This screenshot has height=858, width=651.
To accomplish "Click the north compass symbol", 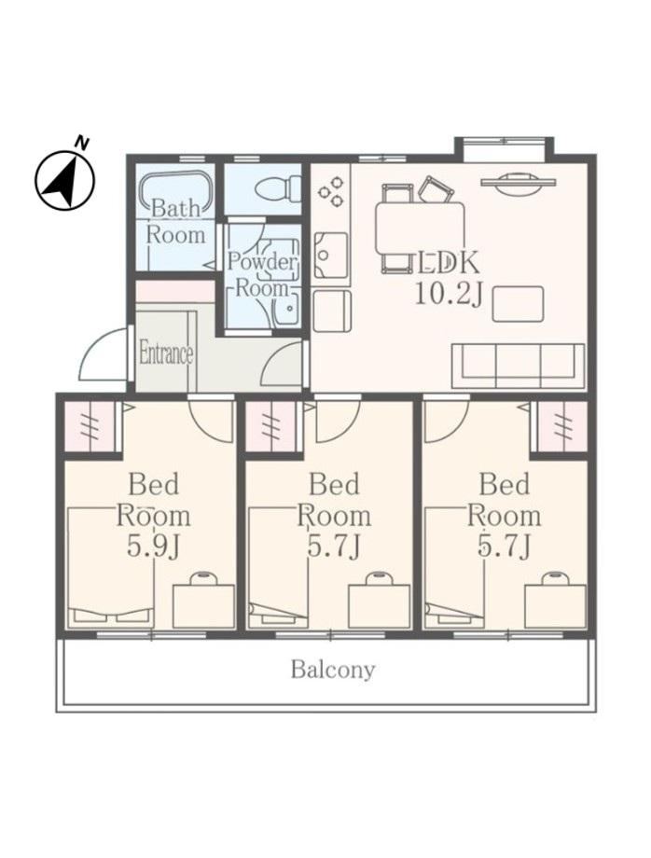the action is click(x=65, y=178).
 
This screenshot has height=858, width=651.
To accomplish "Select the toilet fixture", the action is click(x=278, y=189).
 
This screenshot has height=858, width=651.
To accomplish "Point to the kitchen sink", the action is click(x=331, y=255).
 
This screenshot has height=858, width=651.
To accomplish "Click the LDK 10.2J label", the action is click(x=449, y=279).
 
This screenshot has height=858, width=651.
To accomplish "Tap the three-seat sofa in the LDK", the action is click(x=518, y=366).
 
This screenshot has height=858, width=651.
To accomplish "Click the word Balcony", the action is click(x=333, y=670).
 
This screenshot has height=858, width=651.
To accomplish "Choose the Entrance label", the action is click(x=166, y=353).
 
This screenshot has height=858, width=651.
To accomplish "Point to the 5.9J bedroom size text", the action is click(x=153, y=547).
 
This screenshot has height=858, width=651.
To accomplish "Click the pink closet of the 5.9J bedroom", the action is click(x=90, y=426).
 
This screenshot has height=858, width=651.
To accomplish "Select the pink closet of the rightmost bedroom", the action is click(x=561, y=426).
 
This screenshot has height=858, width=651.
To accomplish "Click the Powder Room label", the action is click(x=261, y=274).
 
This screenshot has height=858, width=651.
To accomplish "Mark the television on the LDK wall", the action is click(x=518, y=182).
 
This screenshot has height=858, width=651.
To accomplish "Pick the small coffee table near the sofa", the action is click(x=518, y=304).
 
